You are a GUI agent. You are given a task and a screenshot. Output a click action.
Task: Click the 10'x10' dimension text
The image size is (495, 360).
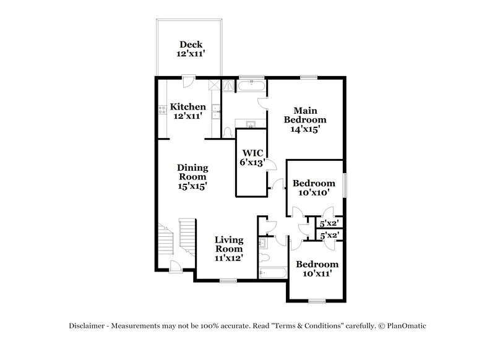click(x=314, y=193)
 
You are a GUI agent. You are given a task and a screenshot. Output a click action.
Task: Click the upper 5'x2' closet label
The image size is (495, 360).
click(x=329, y=223)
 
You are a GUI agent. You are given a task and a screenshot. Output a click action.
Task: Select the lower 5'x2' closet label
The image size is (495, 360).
click(x=329, y=235)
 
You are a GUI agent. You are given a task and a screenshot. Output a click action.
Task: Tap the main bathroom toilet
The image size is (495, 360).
click(x=228, y=132)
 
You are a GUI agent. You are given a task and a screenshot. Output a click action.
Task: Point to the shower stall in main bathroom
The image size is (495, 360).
click(x=229, y=86)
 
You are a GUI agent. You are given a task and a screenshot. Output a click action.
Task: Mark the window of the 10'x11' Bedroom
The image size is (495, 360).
click(x=317, y=301)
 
